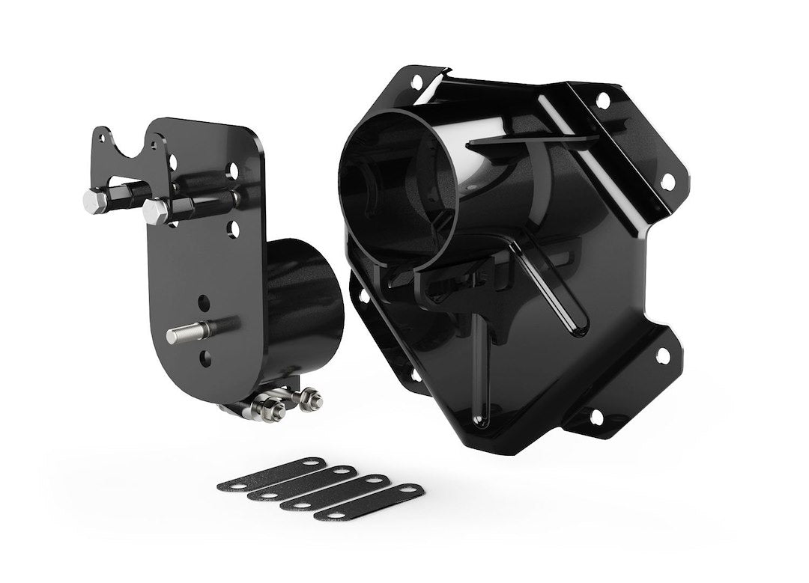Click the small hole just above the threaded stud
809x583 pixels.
click(204, 302)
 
